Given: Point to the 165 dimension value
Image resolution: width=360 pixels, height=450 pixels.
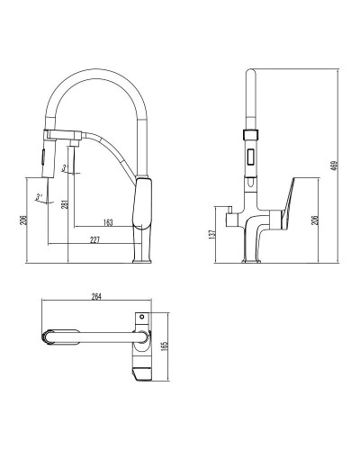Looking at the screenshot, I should click(163, 346).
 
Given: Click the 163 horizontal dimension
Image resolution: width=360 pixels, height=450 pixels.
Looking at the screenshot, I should click(108, 221).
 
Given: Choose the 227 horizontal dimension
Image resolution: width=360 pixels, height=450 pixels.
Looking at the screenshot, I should click(94, 239).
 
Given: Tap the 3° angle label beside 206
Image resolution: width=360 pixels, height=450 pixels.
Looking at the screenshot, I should click(39, 195).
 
